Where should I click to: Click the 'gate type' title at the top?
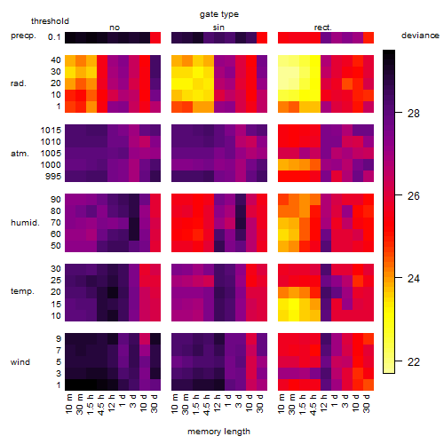[x=219, y=14]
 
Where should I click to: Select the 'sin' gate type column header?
[x=218, y=28]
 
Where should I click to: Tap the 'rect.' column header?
[x=323, y=28]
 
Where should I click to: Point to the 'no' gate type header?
[x=115, y=28]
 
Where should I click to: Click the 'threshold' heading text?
[x=50, y=21]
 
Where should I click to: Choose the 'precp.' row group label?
[x=23, y=36]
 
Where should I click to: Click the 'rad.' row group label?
[x=19, y=83]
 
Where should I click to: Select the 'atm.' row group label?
[x=20, y=154]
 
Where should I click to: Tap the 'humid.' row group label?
[x=25, y=222]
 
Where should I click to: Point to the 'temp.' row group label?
[x=22, y=291]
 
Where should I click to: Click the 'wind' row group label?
[x=20, y=361]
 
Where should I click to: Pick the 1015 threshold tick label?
[x=51, y=130]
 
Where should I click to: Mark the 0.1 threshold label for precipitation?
[x=54, y=37]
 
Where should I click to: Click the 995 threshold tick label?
[x=53, y=177]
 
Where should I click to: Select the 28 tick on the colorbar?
[x=413, y=113]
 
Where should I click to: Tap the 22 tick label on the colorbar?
[x=413, y=361]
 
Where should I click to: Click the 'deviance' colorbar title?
[x=420, y=36]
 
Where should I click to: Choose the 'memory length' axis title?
[x=218, y=432]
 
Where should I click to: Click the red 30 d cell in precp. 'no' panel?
[x=155, y=37]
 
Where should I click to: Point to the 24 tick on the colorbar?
[x=413, y=278]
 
